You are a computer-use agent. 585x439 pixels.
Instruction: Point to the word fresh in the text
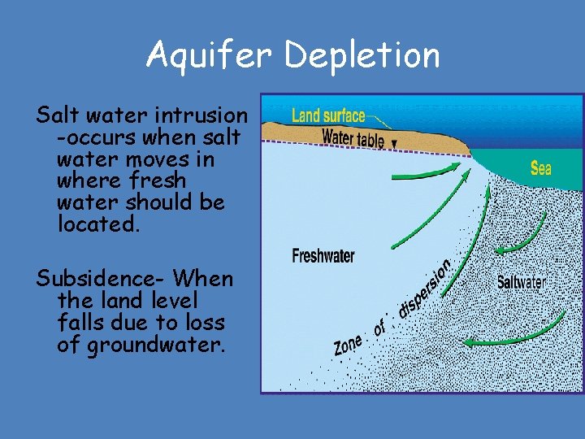[162, 180]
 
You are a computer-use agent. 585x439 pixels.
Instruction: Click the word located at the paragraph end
[98, 224]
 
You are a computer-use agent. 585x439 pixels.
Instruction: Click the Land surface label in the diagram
[328, 116]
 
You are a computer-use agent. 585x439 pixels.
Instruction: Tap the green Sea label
[540, 168]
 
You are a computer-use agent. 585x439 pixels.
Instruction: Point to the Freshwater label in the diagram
[323, 256]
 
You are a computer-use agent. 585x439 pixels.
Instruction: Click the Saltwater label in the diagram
[521, 282]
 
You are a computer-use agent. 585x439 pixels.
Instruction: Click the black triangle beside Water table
[395, 144]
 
